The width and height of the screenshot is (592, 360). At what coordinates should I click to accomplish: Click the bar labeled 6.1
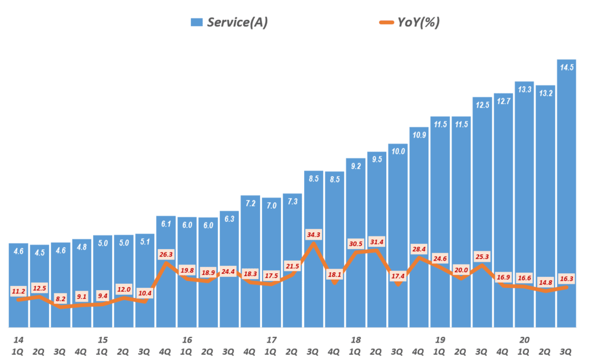click(x=165, y=272)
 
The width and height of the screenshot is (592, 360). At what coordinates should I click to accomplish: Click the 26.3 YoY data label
click(x=166, y=253)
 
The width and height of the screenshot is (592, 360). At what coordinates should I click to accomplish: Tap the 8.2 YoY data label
click(x=61, y=299)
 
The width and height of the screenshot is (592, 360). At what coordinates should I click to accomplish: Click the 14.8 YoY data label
click(x=545, y=283)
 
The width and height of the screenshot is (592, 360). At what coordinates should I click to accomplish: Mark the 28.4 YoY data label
click(x=419, y=249)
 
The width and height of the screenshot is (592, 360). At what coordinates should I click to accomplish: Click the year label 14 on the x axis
click(x=18, y=339)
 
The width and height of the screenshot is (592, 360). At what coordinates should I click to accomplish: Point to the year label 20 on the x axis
click(x=524, y=339)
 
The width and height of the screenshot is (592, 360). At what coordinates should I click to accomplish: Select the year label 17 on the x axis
click(x=272, y=339)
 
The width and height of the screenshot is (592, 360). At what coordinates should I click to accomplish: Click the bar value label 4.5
click(x=39, y=253)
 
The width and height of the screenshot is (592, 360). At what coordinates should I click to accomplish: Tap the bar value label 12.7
click(x=503, y=101)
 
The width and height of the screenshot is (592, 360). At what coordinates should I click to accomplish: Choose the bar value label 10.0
click(x=398, y=151)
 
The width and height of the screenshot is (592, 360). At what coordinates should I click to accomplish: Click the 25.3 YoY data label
click(x=482, y=256)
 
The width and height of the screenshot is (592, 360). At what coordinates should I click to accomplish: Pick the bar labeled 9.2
click(x=356, y=243)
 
